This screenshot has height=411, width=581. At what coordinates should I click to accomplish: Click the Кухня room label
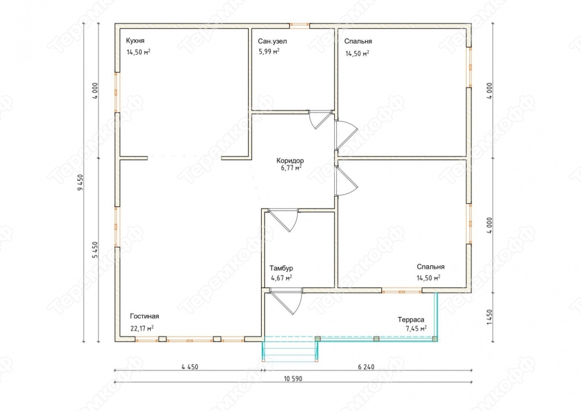point(135,41)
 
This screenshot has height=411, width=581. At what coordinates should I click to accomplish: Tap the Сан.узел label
point(272,41)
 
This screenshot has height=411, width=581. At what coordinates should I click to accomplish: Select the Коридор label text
point(290,161)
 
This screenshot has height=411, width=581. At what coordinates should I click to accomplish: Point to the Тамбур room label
point(281,268)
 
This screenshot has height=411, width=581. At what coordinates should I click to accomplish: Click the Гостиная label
point(144,316)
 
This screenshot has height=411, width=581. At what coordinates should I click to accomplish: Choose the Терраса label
point(411,320)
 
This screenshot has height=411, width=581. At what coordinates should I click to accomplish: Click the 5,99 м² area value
point(269,52)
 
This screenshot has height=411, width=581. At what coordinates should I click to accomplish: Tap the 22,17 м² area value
point(142,328)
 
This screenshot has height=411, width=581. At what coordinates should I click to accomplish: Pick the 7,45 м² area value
point(416,328)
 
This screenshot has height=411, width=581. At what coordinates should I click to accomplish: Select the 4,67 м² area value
point(281,278)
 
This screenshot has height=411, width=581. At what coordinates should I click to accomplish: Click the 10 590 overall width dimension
point(293,379)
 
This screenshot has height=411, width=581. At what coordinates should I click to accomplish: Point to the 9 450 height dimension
point(81,182)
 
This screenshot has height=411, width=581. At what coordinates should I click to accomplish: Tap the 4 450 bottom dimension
point(190,367)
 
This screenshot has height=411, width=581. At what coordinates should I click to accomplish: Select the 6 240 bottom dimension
point(366,367)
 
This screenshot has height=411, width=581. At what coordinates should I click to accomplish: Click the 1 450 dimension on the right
point(490,317)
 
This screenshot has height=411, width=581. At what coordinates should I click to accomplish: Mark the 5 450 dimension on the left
point(95,250)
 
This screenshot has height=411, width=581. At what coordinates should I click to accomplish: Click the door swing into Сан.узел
point(319,120)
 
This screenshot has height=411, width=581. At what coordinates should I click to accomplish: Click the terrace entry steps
point(290,349)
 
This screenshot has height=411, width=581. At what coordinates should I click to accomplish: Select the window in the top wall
point(300,25)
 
